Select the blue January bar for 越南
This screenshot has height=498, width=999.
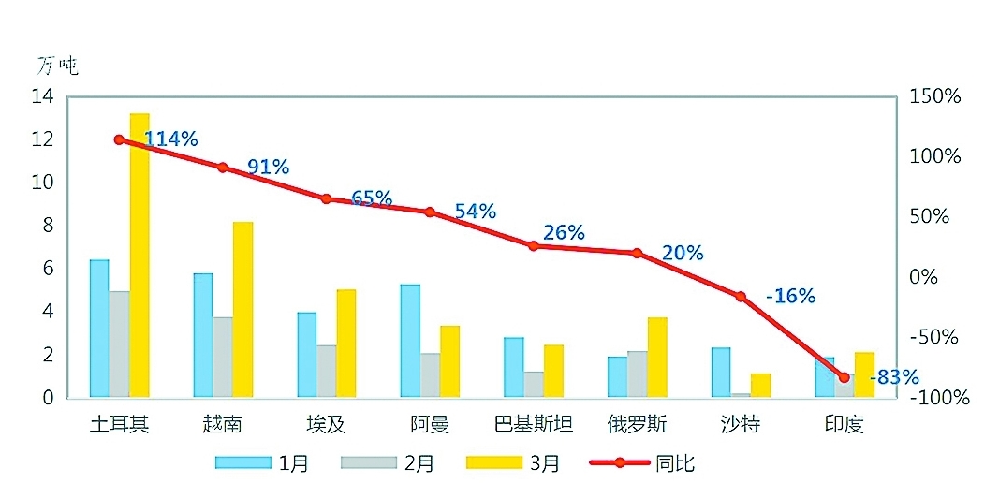[x=202, y=335]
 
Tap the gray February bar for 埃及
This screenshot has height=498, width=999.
[x=326, y=372]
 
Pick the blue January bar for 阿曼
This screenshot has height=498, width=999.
[x=410, y=341]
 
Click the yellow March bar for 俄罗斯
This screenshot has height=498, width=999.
[x=657, y=358]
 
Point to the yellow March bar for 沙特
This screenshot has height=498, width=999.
[x=760, y=386]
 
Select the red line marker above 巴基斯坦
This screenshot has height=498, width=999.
[x=533, y=246]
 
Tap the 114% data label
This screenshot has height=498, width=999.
[x=170, y=139]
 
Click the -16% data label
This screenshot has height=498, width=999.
[x=790, y=296]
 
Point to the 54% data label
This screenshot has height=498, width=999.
[x=475, y=212]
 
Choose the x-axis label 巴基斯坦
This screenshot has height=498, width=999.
[x=533, y=424]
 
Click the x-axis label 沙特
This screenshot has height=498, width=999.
[x=740, y=424]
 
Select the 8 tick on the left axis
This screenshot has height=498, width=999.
[x=50, y=226]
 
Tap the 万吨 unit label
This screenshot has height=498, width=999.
[x=57, y=66]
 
